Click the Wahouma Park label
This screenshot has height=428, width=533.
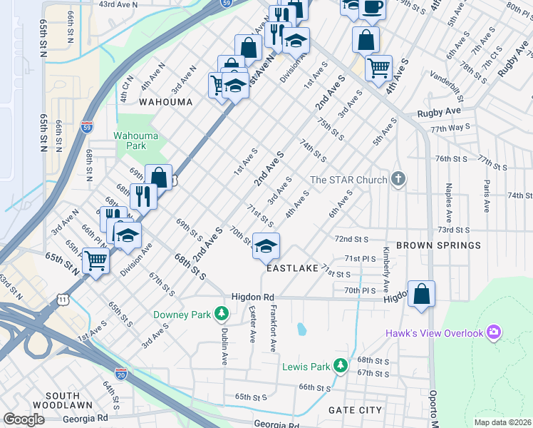pos(130,140)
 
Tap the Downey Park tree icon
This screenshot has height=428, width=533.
pos(222,314)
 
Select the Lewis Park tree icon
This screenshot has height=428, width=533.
pos(341,367)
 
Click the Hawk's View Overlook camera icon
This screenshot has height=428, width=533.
pos(493,332)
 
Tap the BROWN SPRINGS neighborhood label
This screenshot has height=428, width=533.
pos(438,245)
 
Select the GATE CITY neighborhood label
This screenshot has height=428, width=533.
pos(355,410)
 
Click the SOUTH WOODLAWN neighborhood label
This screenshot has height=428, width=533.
pos(68,401)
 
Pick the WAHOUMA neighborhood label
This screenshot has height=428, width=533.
pos(165,102)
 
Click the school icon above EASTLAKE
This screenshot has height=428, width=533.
pos(266,246)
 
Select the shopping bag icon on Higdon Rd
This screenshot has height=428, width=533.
pos(421,293)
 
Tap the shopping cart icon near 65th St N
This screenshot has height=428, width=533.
pos(95,260)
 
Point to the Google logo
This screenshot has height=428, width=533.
pos(24,419)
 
